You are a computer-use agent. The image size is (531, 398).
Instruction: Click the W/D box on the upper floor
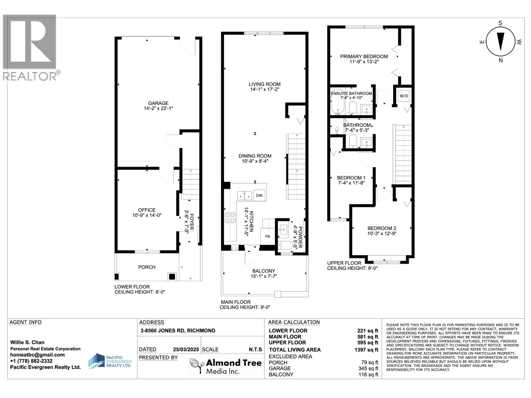coord(404,96)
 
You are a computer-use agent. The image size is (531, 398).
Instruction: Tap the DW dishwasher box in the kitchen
coord(259,195)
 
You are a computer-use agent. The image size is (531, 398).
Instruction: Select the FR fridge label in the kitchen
coord(267,236)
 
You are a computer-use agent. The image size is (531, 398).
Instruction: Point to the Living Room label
coord(265,84)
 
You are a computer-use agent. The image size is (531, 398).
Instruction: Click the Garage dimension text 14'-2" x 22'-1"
coord(158,108)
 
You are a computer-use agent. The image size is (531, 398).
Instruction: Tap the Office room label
coord(147,210)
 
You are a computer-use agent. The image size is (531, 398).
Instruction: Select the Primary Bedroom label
coord(364,56)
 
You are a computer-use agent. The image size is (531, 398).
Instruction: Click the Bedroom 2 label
coord(382,228)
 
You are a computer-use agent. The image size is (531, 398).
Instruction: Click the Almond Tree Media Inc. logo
coord(225,366)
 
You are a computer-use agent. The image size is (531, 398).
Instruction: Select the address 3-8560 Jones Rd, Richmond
coord(178,331)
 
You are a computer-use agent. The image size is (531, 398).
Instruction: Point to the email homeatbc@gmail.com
coord(37,355)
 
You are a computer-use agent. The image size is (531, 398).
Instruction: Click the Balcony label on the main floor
coord(264,271)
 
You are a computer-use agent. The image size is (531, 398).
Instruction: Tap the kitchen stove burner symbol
coord(230,218)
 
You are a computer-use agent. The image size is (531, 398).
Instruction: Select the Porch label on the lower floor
coord(147,267)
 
